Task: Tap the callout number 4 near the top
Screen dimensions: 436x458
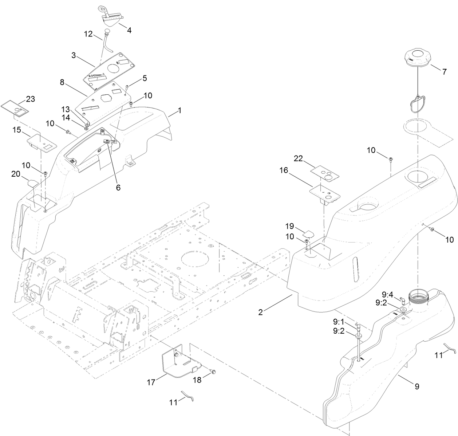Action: coord(129,30)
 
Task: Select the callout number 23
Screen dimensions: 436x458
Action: coord(31,99)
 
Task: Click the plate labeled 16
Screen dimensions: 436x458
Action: coord(325,193)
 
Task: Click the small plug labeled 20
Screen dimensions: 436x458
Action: coord(31,181)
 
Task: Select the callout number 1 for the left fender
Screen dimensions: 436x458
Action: coord(179,110)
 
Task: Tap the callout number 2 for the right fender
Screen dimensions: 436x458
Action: coord(260,312)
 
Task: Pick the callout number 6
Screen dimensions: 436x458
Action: coord(118,188)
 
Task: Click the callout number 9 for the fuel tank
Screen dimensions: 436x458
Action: coord(417,386)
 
